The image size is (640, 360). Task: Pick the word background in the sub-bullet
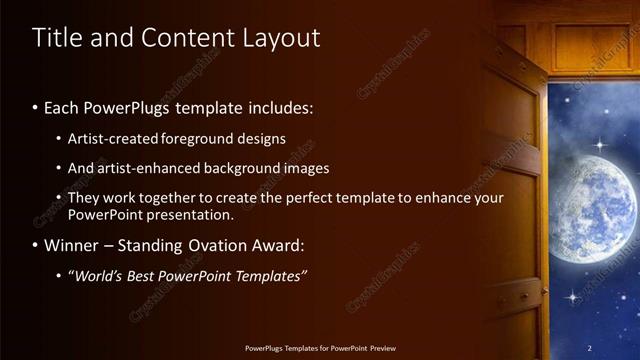click(244, 168)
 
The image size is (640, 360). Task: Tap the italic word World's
click(96, 275)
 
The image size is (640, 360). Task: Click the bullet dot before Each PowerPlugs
click(35, 106)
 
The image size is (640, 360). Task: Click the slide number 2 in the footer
click(589, 348)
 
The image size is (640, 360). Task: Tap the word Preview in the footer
click(381, 348)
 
